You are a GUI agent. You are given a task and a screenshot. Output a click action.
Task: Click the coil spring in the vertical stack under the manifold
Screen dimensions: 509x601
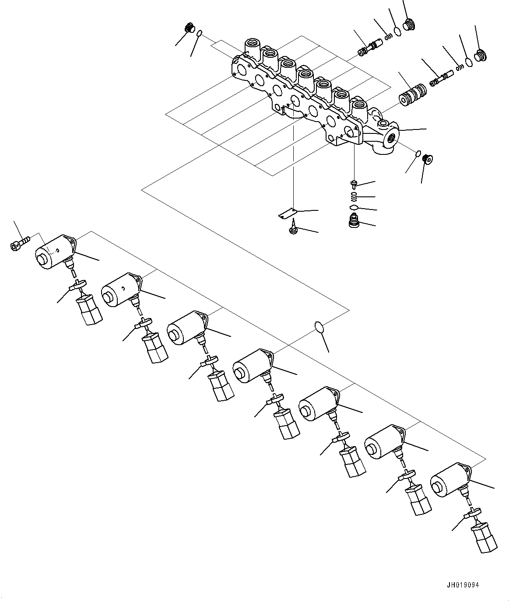354,196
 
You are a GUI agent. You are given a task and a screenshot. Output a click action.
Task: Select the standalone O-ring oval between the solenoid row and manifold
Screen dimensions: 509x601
319,327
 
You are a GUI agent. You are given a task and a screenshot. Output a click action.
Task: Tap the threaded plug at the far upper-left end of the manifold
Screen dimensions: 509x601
190,28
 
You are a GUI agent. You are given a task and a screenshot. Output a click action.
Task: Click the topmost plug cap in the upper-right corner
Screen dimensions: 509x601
409,24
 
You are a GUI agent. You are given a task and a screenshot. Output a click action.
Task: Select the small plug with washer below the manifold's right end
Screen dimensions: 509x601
428,158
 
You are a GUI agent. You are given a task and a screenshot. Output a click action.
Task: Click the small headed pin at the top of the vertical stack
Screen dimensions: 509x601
354,183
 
